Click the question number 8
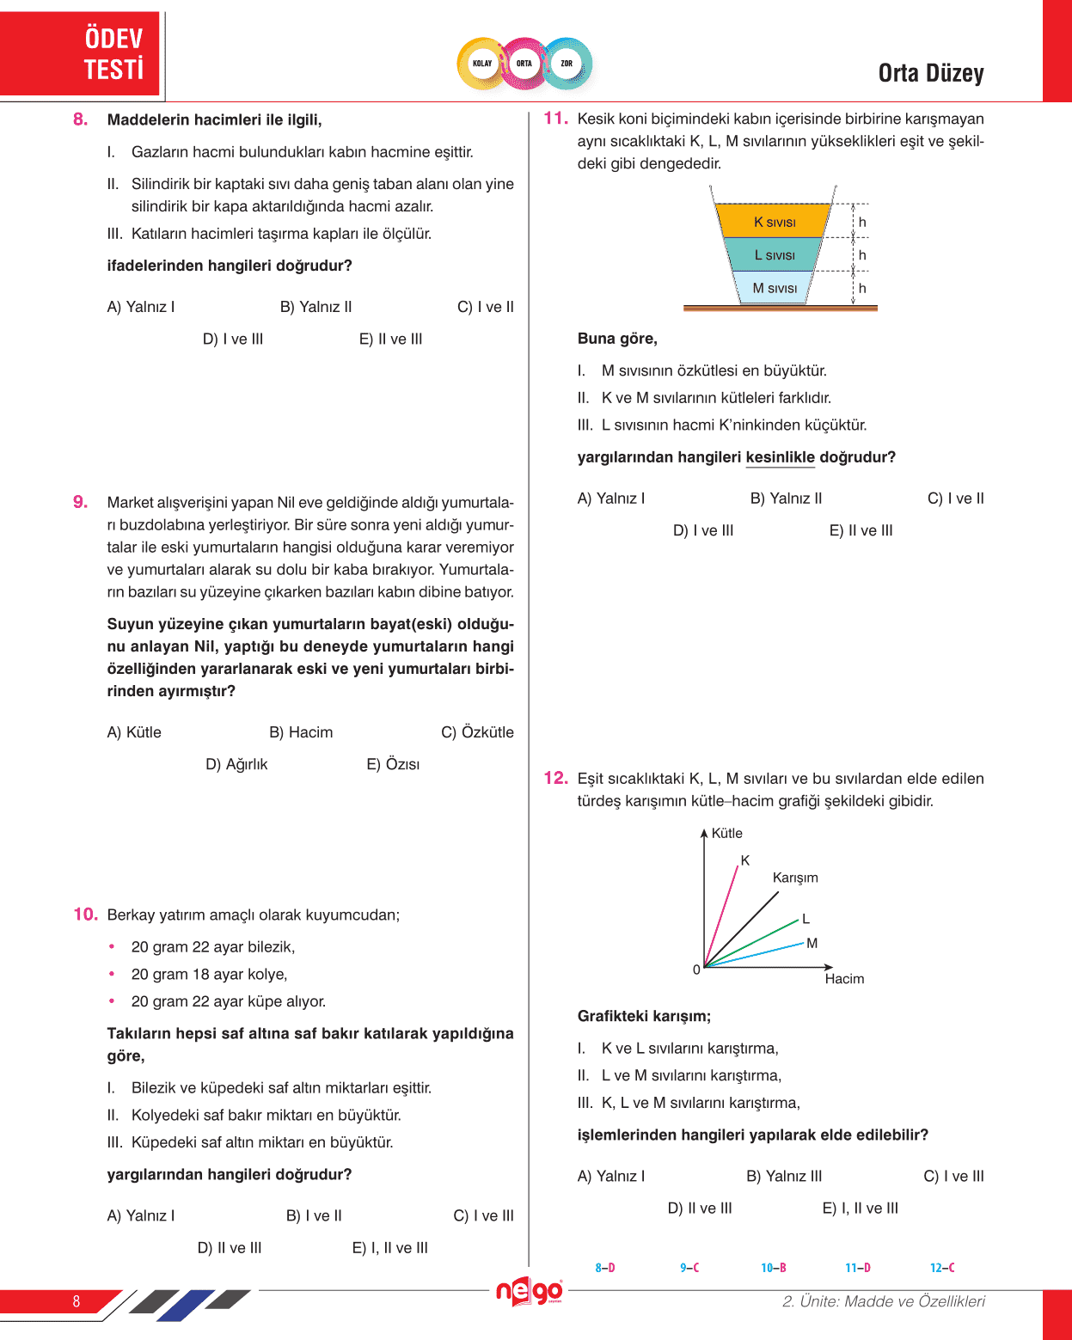[x=81, y=119]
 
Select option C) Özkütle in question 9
[x=477, y=732]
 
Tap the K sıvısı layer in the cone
[x=774, y=222]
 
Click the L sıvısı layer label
[x=775, y=255]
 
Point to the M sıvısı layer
[x=775, y=288]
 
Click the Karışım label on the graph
[x=795, y=878]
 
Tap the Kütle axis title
[x=726, y=833]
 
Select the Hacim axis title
[x=844, y=979]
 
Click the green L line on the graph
[x=765, y=936]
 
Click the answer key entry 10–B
[x=774, y=1268]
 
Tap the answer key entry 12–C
[x=942, y=1268]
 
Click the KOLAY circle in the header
[x=482, y=64]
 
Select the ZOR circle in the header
[x=567, y=64]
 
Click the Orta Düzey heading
[x=931, y=74]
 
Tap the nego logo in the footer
[x=530, y=1292]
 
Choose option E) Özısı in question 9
[x=393, y=764]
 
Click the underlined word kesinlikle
[x=780, y=457]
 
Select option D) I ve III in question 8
[x=233, y=339]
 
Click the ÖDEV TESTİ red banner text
[x=113, y=53]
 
